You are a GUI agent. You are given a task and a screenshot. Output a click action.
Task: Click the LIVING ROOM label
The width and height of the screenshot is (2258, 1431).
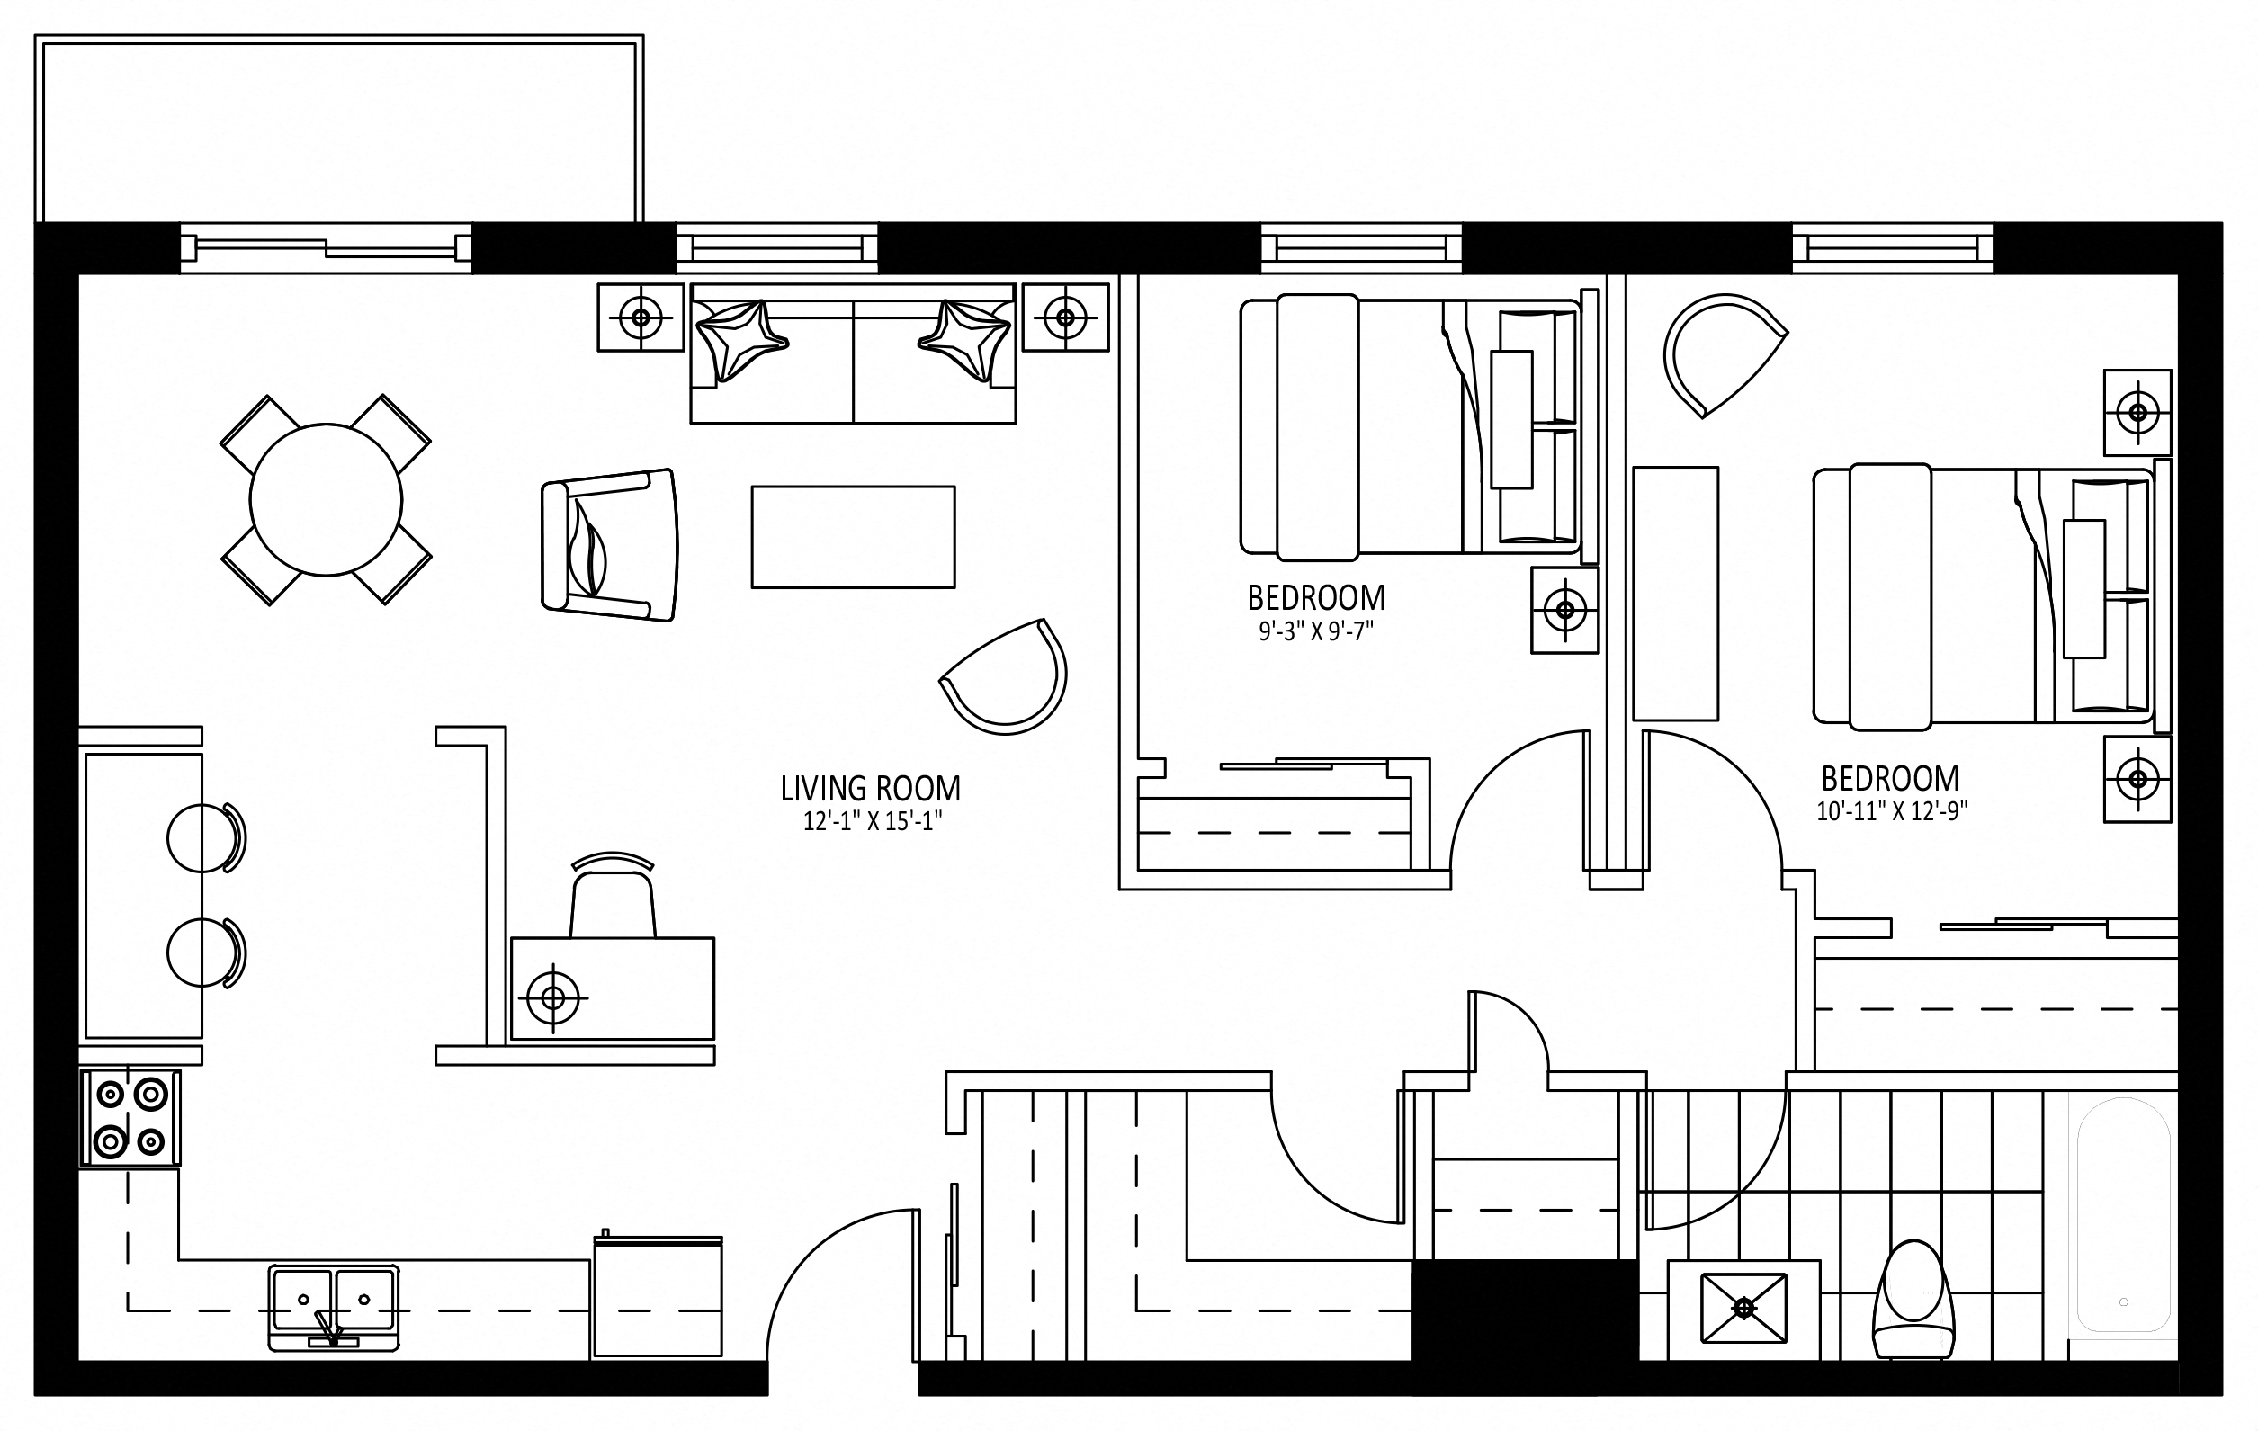[x=870, y=789]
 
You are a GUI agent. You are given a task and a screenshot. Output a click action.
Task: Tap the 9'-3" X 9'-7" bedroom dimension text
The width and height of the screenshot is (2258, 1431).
[x=1315, y=632]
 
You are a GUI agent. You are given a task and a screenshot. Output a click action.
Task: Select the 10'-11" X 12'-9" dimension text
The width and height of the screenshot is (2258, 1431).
[x=1891, y=811]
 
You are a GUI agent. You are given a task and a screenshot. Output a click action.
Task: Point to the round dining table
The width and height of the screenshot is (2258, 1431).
[x=327, y=500]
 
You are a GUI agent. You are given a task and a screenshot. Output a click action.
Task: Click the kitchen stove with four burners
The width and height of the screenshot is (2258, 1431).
[x=130, y=1119]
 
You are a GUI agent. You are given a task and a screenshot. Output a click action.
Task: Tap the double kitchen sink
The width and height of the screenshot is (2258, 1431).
[x=334, y=1307]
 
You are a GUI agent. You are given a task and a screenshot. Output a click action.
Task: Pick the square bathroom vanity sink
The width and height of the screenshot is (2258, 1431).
[x=1743, y=1307]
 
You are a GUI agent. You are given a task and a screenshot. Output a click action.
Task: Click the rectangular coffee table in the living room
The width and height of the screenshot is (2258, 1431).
[x=854, y=537]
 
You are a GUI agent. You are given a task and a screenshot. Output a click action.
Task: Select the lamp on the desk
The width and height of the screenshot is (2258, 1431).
[x=553, y=998]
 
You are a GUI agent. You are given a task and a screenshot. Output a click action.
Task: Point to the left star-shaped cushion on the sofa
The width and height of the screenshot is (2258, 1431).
[x=740, y=339]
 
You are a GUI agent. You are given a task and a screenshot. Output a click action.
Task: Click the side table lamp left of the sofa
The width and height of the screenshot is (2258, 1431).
[x=641, y=318]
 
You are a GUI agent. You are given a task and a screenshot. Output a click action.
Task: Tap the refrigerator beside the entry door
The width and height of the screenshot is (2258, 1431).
[x=659, y=1296]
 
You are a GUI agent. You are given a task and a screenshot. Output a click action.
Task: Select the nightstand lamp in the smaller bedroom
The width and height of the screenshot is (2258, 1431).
[x=1565, y=611]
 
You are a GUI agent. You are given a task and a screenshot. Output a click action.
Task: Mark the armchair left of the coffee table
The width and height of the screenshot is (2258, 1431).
[x=610, y=545]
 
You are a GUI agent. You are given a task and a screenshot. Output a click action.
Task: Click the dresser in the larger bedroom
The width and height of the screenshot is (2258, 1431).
[x=1676, y=594]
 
